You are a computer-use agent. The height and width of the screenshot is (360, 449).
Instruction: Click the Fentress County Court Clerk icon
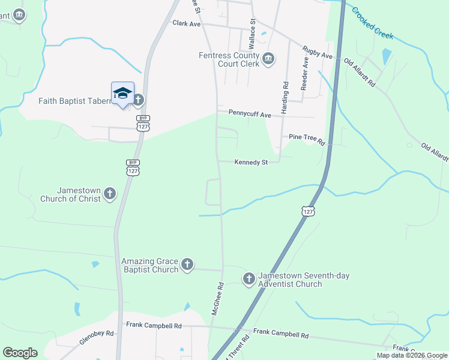point(268,58)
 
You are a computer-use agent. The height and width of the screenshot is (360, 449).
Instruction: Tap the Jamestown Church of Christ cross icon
point(109,193)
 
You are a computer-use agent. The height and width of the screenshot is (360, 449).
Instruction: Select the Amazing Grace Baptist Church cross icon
point(187,263)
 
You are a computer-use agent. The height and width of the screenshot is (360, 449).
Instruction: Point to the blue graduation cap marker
point(122,93)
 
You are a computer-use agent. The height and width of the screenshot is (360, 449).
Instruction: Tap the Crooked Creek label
point(372,23)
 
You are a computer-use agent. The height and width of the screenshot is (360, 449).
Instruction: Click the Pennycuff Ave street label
point(250,113)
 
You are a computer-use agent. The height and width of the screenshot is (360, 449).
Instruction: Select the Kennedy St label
point(250,161)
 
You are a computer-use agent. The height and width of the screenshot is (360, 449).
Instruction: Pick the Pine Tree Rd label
point(306,139)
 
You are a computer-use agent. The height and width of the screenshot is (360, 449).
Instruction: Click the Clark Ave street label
point(186,23)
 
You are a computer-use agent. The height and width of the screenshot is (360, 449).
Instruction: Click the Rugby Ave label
point(318,52)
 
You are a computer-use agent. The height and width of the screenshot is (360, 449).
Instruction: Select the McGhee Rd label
point(217,299)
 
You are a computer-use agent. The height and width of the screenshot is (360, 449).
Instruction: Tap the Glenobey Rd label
point(96,336)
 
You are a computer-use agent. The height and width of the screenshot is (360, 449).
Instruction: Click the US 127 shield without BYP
point(308,212)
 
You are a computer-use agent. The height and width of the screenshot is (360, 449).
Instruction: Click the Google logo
point(20,353)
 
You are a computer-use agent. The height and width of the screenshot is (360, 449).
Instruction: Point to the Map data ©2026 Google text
point(412,355)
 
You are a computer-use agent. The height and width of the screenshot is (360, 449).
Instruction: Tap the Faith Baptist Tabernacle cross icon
point(139,100)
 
